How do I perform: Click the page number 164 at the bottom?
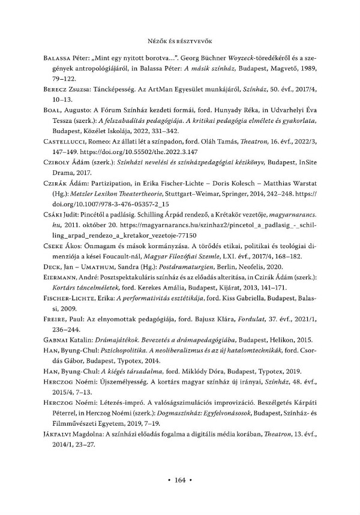(180, 480)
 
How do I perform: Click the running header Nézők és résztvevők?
(180, 41)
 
